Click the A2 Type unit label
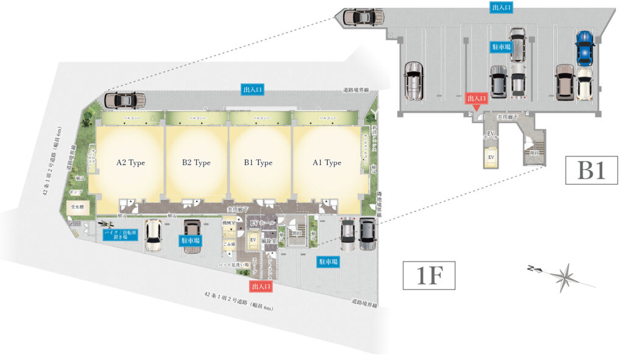pos(130,163)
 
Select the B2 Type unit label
pos(196,163)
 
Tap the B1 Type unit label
pos(258,163)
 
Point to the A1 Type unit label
pos(327,163)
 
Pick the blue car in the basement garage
pos(584,49)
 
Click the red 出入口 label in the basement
pos(477,98)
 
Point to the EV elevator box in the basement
pos(490,158)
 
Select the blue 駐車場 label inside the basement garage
pos(501,46)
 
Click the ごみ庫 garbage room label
pos(229,244)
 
